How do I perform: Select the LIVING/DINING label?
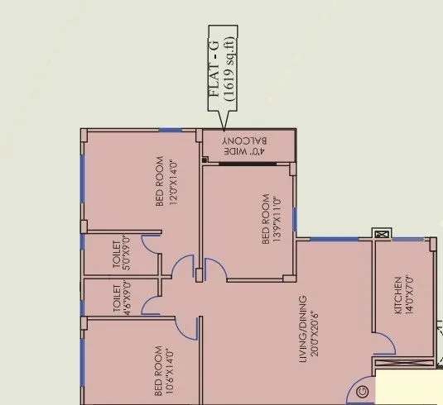[303, 327]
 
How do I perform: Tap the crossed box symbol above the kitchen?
[382, 234]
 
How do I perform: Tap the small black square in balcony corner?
[204, 160]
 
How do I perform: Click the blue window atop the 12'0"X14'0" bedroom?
[171, 130]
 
